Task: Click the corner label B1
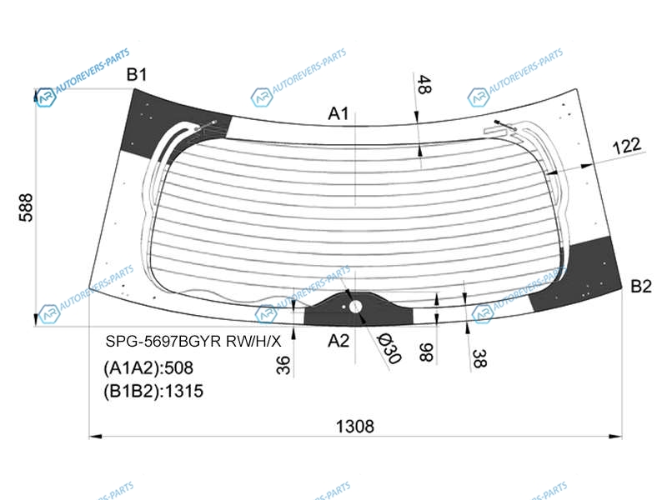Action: coord(137,74)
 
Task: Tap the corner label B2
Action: coord(640,286)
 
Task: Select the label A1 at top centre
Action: coord(339,113)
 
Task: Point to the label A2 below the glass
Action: coord(339,341)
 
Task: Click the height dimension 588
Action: coord(26,207)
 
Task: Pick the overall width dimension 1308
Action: coord(355,426)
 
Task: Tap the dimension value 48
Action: coord(424,84)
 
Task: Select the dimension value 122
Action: coord(627,146)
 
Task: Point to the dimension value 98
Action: coord(426,352)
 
